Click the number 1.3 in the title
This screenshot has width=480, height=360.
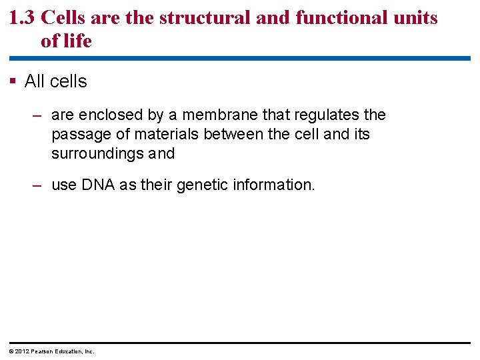[23, 18]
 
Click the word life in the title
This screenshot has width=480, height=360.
[76, 41]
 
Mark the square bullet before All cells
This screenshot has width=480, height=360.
[14, 81]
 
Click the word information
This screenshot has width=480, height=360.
[273, 185]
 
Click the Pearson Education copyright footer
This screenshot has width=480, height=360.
[51, 351]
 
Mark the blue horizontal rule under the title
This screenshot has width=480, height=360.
[240, 59]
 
